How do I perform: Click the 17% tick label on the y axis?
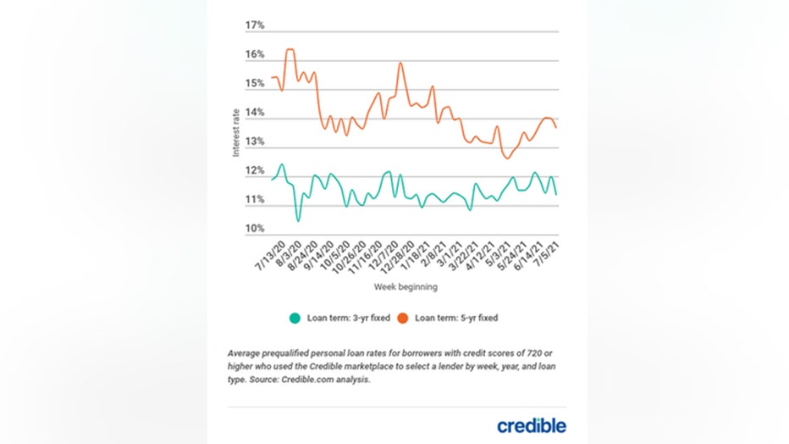255,25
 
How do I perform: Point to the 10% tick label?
255,229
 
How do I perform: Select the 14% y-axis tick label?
255,113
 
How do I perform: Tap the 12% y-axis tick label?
255,171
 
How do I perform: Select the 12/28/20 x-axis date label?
396,257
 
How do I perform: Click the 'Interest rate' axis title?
236,135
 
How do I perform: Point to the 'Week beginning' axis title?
406,287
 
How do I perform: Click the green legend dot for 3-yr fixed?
295,319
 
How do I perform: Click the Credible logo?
532,425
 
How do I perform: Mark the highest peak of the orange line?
290,49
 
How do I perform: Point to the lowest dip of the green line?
298,221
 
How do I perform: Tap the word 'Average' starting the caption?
246,352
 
